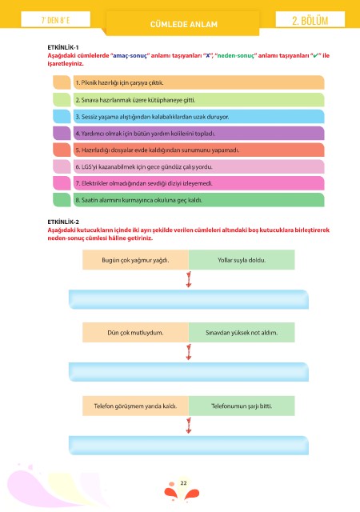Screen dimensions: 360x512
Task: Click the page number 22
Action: (x=183, y=483)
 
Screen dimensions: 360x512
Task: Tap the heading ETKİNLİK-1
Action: (x=63, y=47)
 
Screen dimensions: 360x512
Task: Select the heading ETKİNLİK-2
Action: (x=63, y=222)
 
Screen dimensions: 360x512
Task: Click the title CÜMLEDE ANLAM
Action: (x=183, y=25)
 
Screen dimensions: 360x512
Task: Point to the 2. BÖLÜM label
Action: (x=310, y=21)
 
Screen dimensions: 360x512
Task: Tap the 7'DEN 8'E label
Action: (x=55, y=20)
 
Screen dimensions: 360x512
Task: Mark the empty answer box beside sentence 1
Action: (x=62, y=82)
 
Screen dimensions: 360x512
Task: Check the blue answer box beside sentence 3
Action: (x=62, y=116)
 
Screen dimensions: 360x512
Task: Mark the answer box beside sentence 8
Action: (x=62, y=200)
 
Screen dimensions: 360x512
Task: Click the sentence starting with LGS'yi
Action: (x=144, y=167)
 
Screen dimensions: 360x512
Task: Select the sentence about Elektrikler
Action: (x=144, y=183)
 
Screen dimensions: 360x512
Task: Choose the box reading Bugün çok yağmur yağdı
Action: (x=135, y=260)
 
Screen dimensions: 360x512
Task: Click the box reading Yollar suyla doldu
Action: (x=242, y=260)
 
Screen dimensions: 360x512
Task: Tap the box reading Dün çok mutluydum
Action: (x=135, y=333)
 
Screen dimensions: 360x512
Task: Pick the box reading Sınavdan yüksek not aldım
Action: (x=242, y=333)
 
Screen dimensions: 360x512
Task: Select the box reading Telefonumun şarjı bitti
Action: (x=242, y=406)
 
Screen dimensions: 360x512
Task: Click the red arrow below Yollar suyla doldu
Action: (x=189, y=279)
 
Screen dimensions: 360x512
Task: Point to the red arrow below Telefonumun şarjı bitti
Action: (x=189, y=426)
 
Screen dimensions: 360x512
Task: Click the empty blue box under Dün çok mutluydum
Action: (x=189, y=372)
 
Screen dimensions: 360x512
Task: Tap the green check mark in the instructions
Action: (x=315, y=55)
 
